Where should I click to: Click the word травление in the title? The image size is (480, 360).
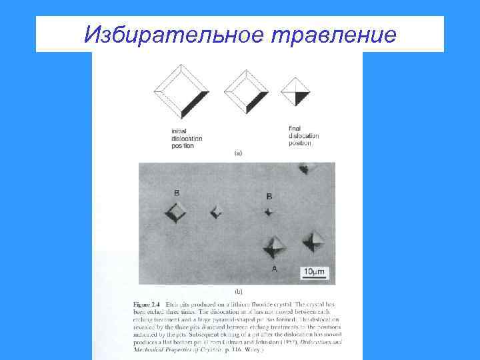coord(332,34)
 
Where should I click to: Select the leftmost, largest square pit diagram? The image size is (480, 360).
coord(181,90)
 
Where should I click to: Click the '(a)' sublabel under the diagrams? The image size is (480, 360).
coord(238,153)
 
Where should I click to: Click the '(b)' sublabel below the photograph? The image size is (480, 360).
coord(238,291)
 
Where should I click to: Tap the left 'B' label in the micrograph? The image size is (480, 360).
coord(176,193)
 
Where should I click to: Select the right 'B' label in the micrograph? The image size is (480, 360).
coord(269,196)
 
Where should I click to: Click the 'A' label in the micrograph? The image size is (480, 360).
coord(274,268)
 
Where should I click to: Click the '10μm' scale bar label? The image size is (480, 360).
coord(314,271)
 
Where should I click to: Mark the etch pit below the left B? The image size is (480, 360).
coord(177,213)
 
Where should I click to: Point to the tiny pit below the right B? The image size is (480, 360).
coord(269,212)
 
